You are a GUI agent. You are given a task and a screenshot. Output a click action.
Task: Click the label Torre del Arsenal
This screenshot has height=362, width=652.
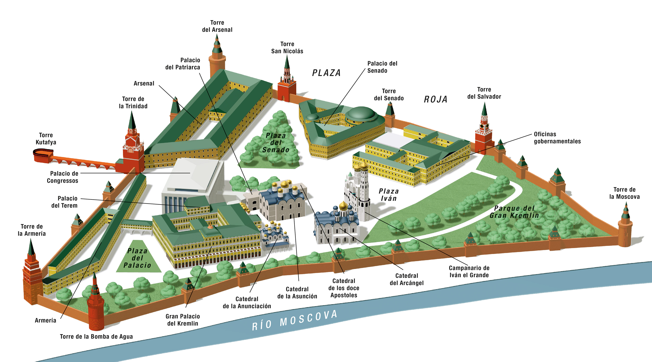(217, 26)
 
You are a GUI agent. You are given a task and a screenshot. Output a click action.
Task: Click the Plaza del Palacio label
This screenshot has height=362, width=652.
(137, 258)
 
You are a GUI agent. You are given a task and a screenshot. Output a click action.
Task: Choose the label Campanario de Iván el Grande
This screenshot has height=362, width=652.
(469, 272)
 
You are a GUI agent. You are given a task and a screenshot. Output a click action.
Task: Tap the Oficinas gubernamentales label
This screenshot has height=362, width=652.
(557, 138)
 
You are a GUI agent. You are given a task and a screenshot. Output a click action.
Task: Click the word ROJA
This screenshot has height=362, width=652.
(436, 99)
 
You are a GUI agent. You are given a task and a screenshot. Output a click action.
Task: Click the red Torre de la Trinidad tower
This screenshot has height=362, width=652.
(133, 150)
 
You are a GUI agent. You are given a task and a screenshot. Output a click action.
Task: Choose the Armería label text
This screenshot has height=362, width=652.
(46, 320)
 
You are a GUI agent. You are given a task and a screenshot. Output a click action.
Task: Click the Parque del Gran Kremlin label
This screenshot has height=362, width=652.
(514, 212)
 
